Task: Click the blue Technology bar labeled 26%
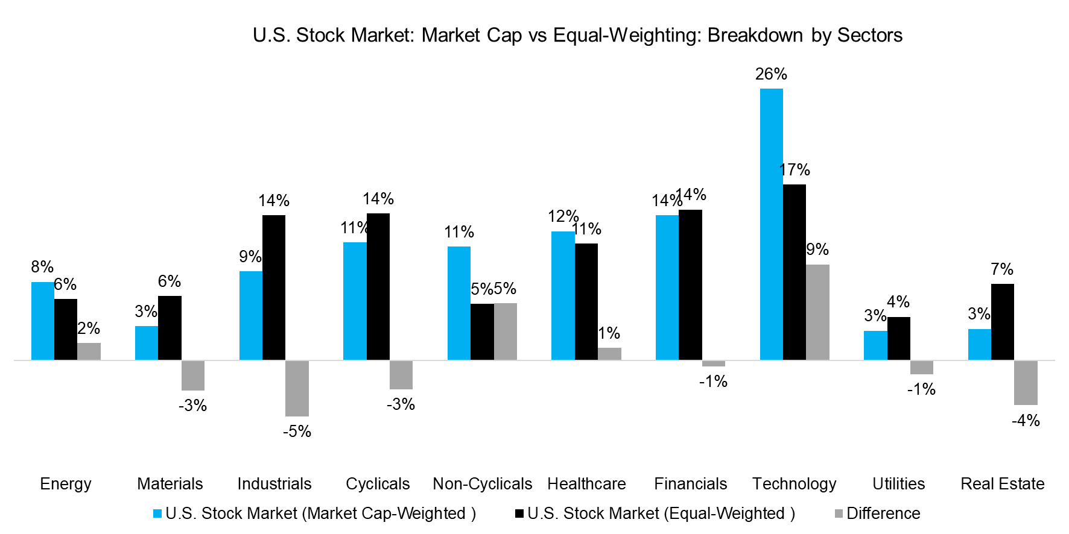(x=771, y=224)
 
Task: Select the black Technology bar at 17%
(x=794, y=272)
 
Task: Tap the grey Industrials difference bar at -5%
(x=297, y=388)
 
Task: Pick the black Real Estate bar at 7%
(x=1002, y=322)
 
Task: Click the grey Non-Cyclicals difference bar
(x=505, y=331)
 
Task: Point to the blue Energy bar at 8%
(x=42, y=321)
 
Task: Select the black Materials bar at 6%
(x=170, y=328)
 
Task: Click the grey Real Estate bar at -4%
(x=1025, y=383)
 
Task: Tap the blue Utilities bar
(x=875, y=345)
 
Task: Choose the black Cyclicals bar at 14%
(x=378, y=286)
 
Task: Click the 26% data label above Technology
(x=771, y=74)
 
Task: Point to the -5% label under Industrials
(x=297, y=432)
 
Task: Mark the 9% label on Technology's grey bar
(x=817, y=250)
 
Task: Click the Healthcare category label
(x=586, y=484)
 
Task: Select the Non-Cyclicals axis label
(x=482, y=484)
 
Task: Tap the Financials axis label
(x=690, y=484)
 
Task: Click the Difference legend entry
(x=883, y=514)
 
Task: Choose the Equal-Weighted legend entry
(x=661, y=514)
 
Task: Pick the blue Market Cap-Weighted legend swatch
(x=157, y=514)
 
